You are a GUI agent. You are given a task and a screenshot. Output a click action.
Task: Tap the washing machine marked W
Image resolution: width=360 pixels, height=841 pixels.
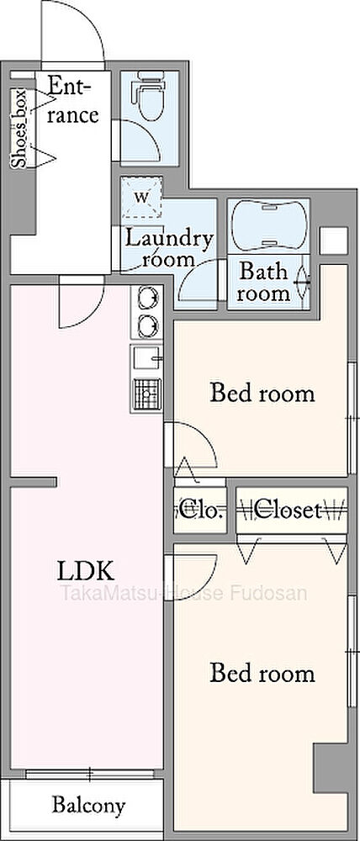141,197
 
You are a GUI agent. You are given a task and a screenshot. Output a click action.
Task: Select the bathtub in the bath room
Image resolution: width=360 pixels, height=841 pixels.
269,225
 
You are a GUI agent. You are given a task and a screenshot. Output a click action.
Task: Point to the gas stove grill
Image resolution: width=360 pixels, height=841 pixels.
147,394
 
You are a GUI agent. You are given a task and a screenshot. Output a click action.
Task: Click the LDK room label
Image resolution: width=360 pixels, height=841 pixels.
85,572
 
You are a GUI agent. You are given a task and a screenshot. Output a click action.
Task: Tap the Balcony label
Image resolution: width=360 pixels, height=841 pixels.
88,805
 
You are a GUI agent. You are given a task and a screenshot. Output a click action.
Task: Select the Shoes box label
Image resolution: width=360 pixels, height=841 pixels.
19,128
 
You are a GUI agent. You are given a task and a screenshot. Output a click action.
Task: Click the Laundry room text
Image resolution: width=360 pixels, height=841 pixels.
168,248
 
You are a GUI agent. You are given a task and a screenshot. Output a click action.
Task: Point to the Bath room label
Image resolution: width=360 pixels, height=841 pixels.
265,282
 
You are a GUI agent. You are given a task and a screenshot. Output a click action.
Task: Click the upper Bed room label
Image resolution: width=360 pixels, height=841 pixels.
262,393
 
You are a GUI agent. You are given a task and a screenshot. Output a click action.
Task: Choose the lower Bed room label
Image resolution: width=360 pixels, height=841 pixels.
262,673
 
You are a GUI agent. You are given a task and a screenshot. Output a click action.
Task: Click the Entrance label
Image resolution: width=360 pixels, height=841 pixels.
72,100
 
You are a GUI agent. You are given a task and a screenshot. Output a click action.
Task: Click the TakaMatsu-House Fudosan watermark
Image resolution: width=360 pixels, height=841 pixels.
183,593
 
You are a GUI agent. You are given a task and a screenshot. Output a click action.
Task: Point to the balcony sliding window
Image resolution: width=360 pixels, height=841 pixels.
90,774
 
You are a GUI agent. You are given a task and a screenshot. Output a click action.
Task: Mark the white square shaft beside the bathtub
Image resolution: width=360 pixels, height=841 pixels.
333,241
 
